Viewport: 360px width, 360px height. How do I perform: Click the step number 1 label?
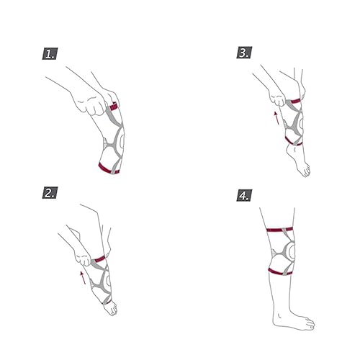(x=48, y=53)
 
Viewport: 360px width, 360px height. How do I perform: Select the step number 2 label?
(x=48, y=193)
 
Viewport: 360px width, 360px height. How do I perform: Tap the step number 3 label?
(x=244, y=53)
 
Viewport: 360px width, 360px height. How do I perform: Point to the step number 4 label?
(x=244, y=194)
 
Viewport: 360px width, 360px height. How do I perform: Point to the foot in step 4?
(x=303, y=321)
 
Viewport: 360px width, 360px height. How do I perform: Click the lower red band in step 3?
(x=293, y=141)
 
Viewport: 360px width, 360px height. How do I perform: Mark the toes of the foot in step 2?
(x=112, y=315)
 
